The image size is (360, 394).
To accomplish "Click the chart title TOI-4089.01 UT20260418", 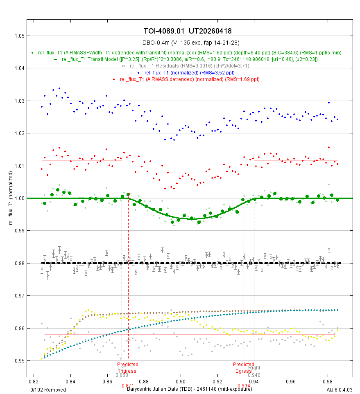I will pyautogui.click(x=190, y=32).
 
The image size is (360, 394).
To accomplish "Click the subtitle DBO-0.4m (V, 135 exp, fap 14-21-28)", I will pyautogui.click(x=190, y=43).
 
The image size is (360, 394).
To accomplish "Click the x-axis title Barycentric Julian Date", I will pyautogui.click(x=189, y=389).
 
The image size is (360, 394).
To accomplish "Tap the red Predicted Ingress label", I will pyautogui.click(x=128, y=367).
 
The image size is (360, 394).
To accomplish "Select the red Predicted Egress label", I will pyautogui.click(x=244, y=367).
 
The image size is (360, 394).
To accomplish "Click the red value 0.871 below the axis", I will pyautogui.click(x=128, y=386).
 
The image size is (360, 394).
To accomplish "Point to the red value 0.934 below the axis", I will pyautogui.click(x=244, y=386).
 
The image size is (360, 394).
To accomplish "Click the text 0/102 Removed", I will pyautogui.click(x=48, y=389).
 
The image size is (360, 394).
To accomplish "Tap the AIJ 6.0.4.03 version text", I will pyautogui.click(x=339, y=389).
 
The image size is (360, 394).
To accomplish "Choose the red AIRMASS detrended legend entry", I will pyautogui.click(x=190, y=79).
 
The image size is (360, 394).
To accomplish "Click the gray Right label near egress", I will pyautogui.click(x=254, y=368).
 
